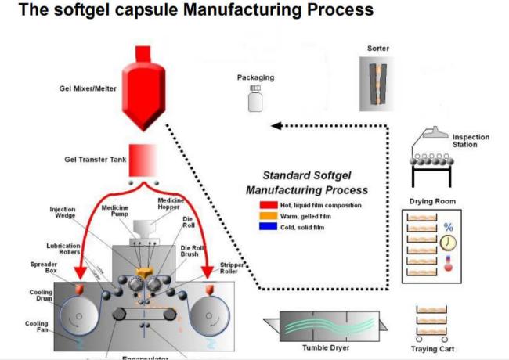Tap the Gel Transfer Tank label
point(88,159)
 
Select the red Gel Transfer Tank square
point(143,160)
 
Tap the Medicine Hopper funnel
point(144,228)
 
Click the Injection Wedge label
point(62,214)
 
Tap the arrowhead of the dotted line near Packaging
point(276,126)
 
